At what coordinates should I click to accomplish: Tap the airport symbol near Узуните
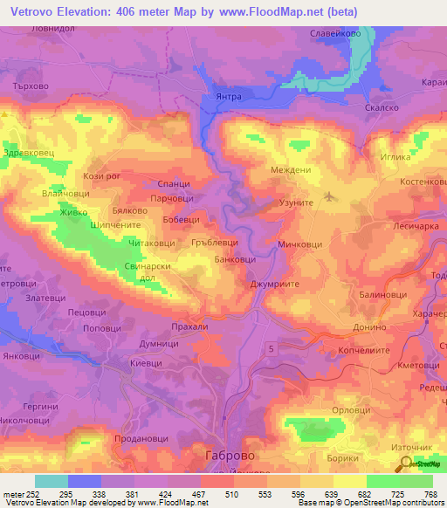coord(328,196)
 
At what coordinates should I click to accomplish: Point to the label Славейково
coord(336,33)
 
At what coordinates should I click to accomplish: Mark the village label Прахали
coord(190,326)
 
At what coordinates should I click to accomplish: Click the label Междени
coord(290,169)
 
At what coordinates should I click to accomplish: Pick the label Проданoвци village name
coord(141,438)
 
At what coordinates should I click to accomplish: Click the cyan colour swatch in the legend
coord(52,481)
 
